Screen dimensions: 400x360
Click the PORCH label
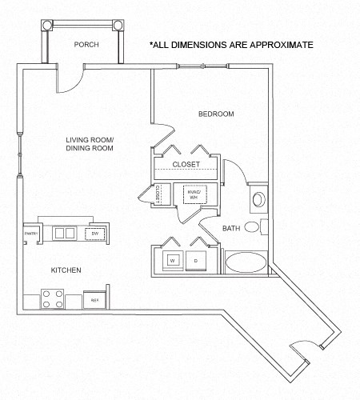coord(86,45)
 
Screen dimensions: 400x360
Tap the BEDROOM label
coord(216,114)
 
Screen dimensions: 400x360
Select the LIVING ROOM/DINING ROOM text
coord(90,144)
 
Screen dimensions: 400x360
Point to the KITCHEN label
coord(66,271)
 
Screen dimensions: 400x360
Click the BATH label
coord(231,229)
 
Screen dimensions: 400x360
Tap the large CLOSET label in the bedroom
coord(186,164)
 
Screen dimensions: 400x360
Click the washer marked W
coord(171,261)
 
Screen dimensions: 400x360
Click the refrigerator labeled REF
coord(94,300)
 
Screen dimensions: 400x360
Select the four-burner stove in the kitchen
coord(53,299)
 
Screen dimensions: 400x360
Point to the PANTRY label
coord(31,233)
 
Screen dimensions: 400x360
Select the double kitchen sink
coord(63,233)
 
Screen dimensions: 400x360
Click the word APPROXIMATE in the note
coord(274,45)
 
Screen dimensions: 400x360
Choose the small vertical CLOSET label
coord(158,194)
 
